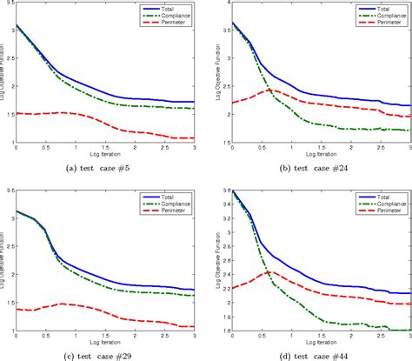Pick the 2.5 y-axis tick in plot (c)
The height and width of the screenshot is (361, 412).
[x=9, y=237]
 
